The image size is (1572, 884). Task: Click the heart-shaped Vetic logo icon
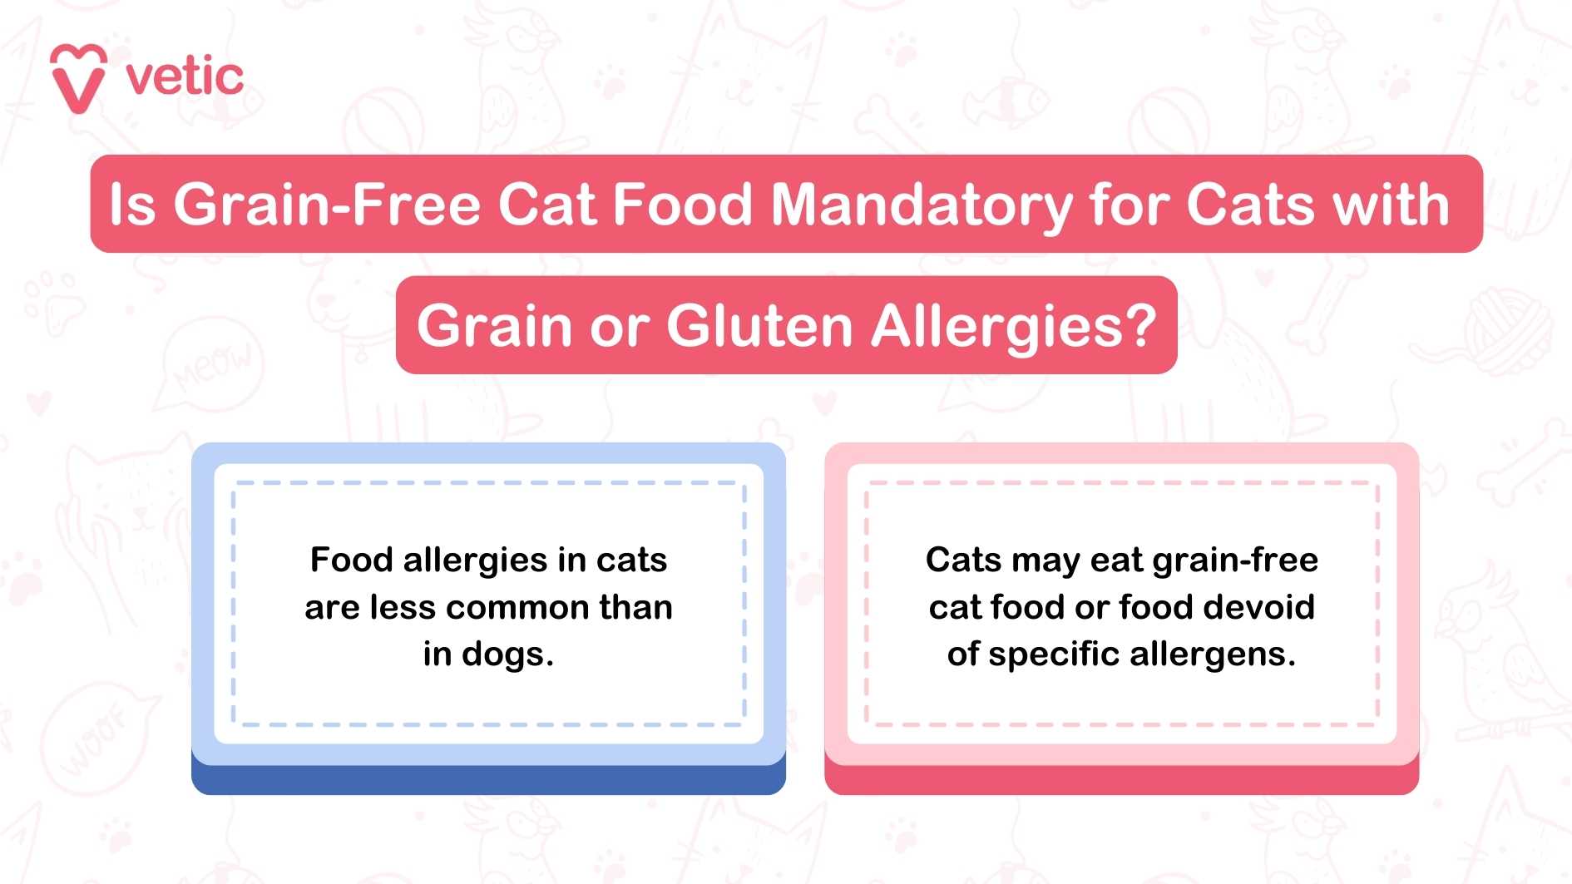(78, 78)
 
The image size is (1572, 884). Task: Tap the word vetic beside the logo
(185, 77)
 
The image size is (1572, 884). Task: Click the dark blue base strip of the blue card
(488, 780)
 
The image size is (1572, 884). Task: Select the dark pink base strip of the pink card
(1121, 780)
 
